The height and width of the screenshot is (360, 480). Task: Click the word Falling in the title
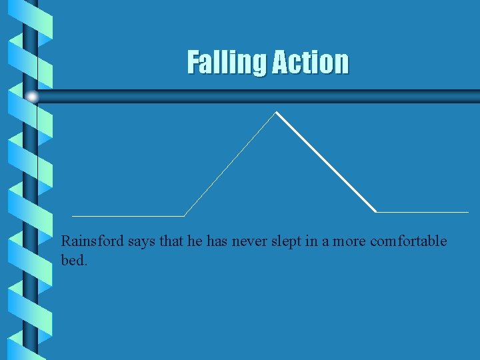225,62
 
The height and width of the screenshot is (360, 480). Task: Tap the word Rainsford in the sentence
92,241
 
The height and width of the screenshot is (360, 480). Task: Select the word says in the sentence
141,241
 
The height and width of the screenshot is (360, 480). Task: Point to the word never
249,241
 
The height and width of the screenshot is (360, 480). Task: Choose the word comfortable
408,241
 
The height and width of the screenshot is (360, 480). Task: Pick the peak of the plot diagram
276,112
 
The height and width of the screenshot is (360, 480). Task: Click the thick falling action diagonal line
327,162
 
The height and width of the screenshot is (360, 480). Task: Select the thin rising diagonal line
230,164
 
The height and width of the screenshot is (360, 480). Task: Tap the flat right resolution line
423,212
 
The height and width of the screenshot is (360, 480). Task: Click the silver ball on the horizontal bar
31,97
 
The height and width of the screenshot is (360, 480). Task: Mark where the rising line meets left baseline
184,216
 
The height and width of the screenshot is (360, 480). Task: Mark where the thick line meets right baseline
377,212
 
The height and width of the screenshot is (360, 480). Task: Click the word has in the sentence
217,241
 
